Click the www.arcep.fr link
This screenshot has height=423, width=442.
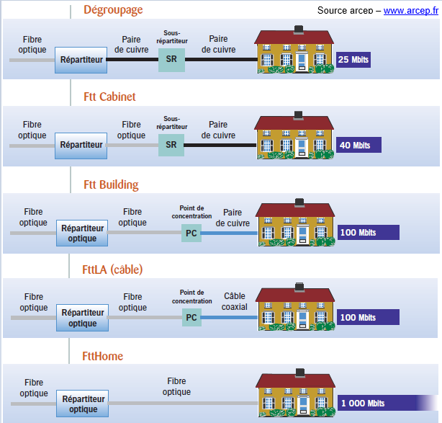tap(411, 11)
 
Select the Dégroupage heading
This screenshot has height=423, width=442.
tap(113, 10)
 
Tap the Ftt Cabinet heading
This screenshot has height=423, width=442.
tap(109, 97)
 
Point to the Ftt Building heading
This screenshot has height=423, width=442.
tap(111, 184)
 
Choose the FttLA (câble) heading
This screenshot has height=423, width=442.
tap(112, 270)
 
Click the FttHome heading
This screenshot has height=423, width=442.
tap(103, 356)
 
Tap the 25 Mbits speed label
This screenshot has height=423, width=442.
tap(353, 59)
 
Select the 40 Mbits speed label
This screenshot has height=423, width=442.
tap(355, 145)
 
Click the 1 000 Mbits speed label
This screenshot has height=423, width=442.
tap(363, 403)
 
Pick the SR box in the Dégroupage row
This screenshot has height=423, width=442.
tap(171, 60)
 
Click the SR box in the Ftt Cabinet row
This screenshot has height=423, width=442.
tap(171, 144)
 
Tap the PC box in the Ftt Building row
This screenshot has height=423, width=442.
tap(191, 233)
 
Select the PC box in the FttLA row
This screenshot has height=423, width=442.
tap(191, 317)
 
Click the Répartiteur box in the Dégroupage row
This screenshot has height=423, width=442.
tap(81, 60)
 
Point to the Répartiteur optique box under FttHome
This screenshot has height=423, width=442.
tap(82, 404)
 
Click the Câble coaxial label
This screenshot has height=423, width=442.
tap(235, 301)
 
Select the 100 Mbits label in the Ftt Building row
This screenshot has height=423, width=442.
tap(358, 232)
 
